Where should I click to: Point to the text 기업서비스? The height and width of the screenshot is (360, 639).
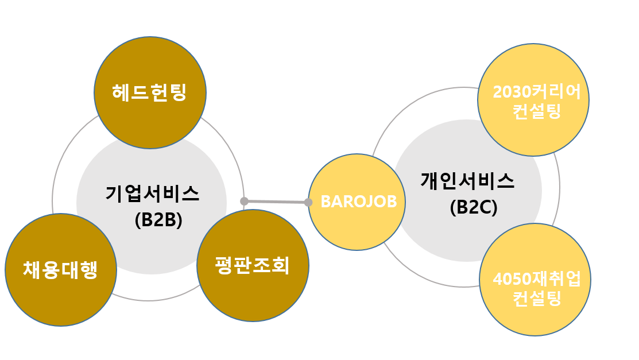coord(152,193)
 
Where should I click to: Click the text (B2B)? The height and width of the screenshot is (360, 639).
coord(158,220)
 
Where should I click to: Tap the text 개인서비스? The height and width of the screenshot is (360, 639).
coord(467,181)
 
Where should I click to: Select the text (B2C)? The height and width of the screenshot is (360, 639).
coord(474,207)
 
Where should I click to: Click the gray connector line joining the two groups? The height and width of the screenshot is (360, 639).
coord(276,202)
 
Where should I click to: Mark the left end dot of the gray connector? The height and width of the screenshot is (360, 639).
coord(244,201)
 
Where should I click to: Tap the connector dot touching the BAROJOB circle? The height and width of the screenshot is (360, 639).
coord(308,202)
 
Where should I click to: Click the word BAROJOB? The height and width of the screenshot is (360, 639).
coord(358,202)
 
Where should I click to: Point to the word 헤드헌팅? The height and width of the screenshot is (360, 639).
coord(149,92)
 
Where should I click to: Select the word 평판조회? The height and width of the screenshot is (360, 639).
coord(253,266)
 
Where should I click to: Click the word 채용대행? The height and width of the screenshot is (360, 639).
coord(60,269)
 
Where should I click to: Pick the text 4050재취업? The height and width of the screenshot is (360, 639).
coord(537,280)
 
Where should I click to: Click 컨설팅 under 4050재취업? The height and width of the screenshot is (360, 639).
coord(537,299)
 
